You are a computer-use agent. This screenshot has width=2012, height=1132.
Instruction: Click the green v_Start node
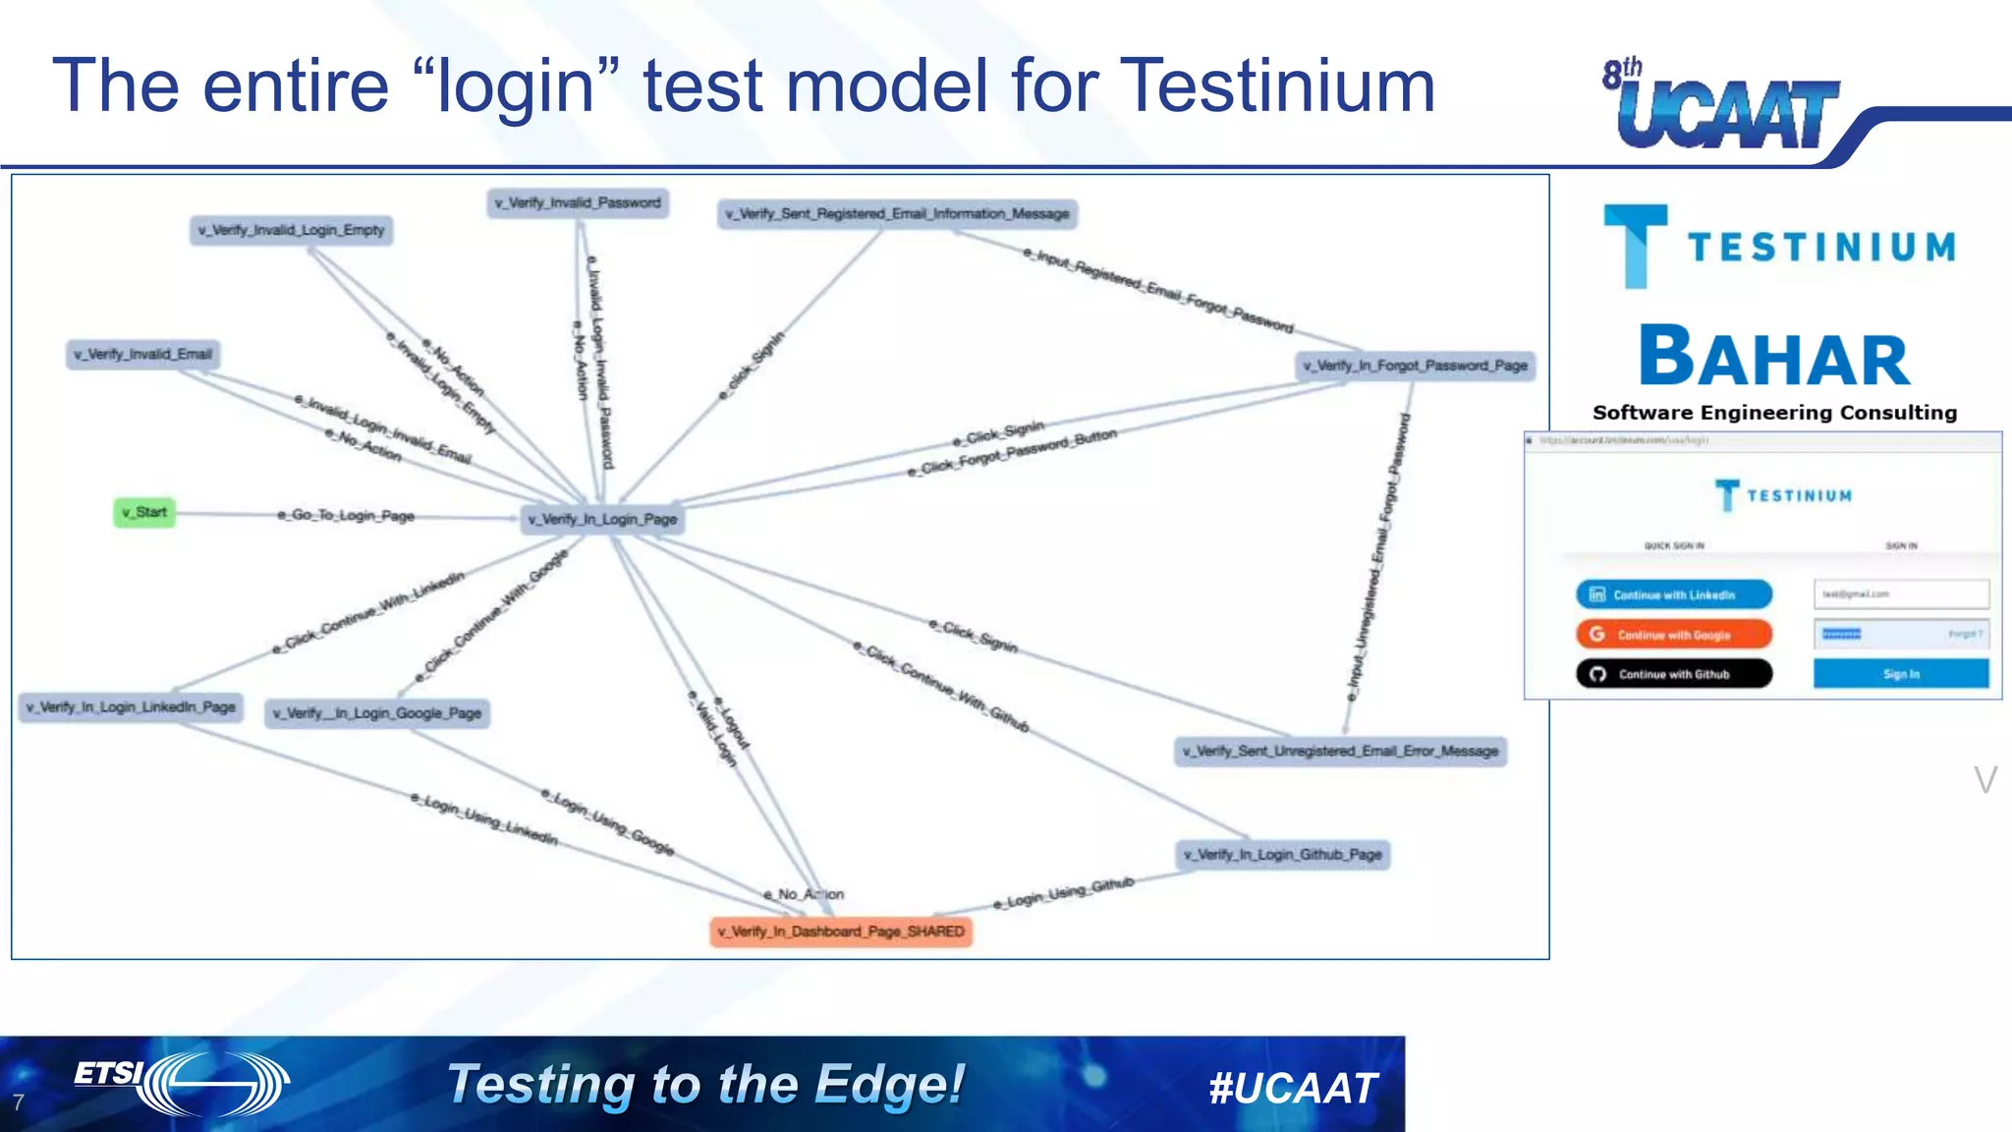coord(144,512)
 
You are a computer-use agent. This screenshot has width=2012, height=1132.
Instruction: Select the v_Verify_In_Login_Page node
coord(601,519)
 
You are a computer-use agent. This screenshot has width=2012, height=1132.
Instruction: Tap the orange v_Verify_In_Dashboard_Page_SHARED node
coord(841,932)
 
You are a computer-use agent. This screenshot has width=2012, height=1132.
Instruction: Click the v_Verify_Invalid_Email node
coord(143,354)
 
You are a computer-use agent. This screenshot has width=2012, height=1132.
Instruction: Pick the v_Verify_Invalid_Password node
coord(578,202)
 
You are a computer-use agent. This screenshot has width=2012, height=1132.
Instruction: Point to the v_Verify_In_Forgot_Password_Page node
coord(1415,366)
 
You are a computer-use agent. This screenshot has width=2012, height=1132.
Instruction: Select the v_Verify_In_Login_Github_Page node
coord(1282,855)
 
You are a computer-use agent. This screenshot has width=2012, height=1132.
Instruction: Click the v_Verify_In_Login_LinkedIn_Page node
coord(131,707)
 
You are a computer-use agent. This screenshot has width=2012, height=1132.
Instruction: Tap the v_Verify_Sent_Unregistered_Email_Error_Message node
coord(1340,751)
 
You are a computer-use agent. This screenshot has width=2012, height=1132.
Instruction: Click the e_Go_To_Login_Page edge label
coord(346,515)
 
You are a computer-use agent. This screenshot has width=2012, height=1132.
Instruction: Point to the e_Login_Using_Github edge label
coord(1063,892)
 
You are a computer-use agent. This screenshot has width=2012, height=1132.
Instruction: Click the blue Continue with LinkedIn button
coord(1674,594)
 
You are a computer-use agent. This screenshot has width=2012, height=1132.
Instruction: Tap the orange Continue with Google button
coord(1674,635)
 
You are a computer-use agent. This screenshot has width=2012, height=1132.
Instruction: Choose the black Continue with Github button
coord(1674,674)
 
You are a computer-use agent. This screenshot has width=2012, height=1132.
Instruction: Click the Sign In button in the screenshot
coord(1900,674)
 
